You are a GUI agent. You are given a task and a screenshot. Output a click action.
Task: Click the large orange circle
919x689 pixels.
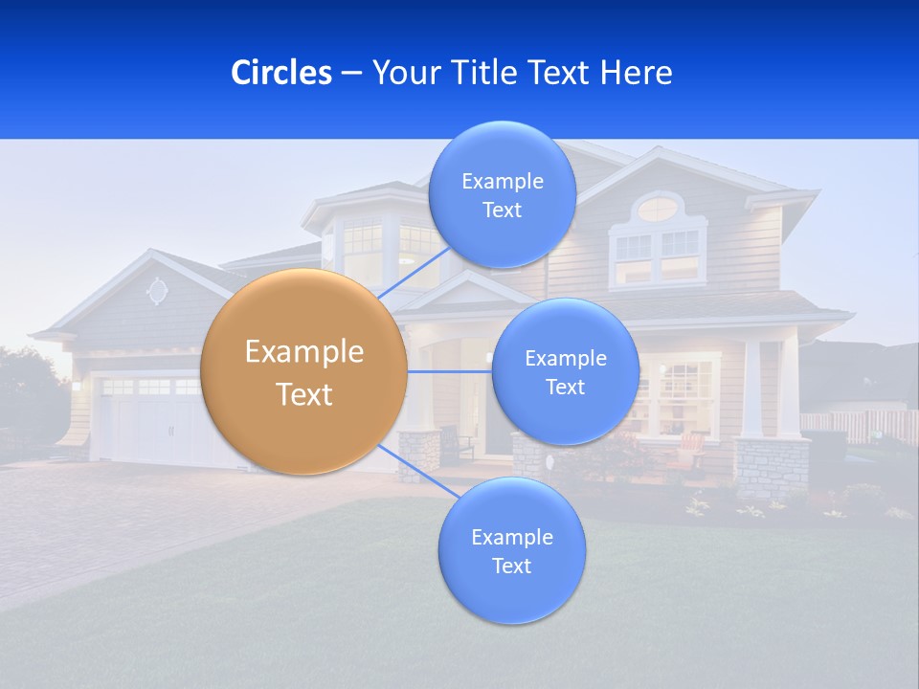[303, 372]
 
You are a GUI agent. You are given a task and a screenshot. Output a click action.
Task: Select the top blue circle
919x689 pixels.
[502, 194]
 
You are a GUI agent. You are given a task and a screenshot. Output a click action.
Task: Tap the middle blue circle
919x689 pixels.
[565, 372]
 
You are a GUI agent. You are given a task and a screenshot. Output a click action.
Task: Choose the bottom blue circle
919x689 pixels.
[511, 551]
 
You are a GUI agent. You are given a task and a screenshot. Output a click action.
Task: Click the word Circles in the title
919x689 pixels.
[281, 73]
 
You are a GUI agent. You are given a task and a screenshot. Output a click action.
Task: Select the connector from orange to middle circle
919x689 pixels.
[449, 371]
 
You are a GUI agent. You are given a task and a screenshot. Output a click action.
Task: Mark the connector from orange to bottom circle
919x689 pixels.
[418, 473]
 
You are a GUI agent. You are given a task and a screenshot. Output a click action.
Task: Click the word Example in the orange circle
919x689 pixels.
[304, 352]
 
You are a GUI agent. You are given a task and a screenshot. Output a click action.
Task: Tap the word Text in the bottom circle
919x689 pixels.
[511, 566]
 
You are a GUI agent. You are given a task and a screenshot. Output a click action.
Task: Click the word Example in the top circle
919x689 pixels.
[503, 181]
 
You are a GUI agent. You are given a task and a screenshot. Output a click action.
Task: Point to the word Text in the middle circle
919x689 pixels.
[565, 387]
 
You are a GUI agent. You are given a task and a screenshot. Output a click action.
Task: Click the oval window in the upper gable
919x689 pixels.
[658, 209]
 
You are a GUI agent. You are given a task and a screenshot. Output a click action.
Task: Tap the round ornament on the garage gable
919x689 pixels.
[157, 290]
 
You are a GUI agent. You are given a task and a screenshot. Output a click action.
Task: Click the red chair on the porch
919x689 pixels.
[691, 446]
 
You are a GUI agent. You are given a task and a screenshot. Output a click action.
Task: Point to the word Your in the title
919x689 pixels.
[402, 73]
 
